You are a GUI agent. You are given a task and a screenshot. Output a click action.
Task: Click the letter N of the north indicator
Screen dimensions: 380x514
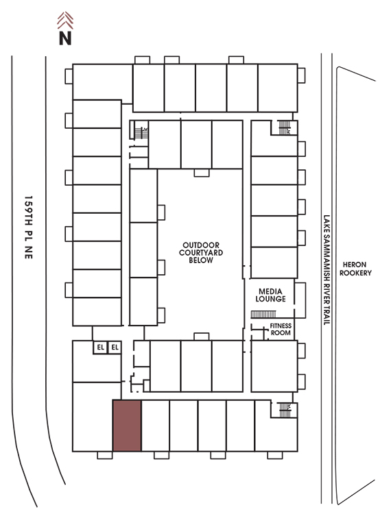point(65,38)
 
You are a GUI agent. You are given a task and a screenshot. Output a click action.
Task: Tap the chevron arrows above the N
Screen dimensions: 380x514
point(65,21)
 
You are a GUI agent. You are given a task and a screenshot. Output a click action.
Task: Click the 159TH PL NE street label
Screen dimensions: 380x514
point(29,228)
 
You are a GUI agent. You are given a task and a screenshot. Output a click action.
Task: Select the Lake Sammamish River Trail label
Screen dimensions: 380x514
point(326,270)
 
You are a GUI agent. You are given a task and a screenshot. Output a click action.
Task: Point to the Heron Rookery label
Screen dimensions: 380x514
point(355,269)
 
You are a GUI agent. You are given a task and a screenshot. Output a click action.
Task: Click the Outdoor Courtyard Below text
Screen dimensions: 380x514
point(201,252)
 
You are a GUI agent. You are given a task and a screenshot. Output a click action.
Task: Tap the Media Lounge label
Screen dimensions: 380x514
point(270,295)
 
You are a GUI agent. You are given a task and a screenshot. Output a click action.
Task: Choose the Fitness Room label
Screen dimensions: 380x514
point(281,329)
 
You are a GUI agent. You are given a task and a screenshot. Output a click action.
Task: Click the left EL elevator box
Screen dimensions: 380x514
point(100,347)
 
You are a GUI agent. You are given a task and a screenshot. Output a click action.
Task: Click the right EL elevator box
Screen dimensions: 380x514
point(115,347)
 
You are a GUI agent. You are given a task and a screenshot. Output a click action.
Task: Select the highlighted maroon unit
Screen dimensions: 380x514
point(127,426)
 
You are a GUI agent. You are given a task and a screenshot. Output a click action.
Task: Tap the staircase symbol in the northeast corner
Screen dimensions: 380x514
point(285,127)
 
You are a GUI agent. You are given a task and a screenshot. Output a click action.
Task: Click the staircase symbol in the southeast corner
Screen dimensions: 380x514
point(285,410)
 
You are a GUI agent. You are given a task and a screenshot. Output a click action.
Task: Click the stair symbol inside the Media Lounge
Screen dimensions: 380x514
point(263,315)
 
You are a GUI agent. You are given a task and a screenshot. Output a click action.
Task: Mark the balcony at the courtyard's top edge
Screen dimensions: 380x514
point(202,173)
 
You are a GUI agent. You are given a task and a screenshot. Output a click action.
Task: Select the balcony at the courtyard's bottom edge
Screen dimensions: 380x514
point(202,336)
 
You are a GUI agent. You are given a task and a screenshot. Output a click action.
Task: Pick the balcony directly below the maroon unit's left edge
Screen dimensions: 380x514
point(105,455)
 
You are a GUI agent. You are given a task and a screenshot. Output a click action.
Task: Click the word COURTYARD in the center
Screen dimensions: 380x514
point(201,252)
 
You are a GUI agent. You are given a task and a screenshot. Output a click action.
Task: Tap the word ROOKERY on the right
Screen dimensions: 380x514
point(355,273)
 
